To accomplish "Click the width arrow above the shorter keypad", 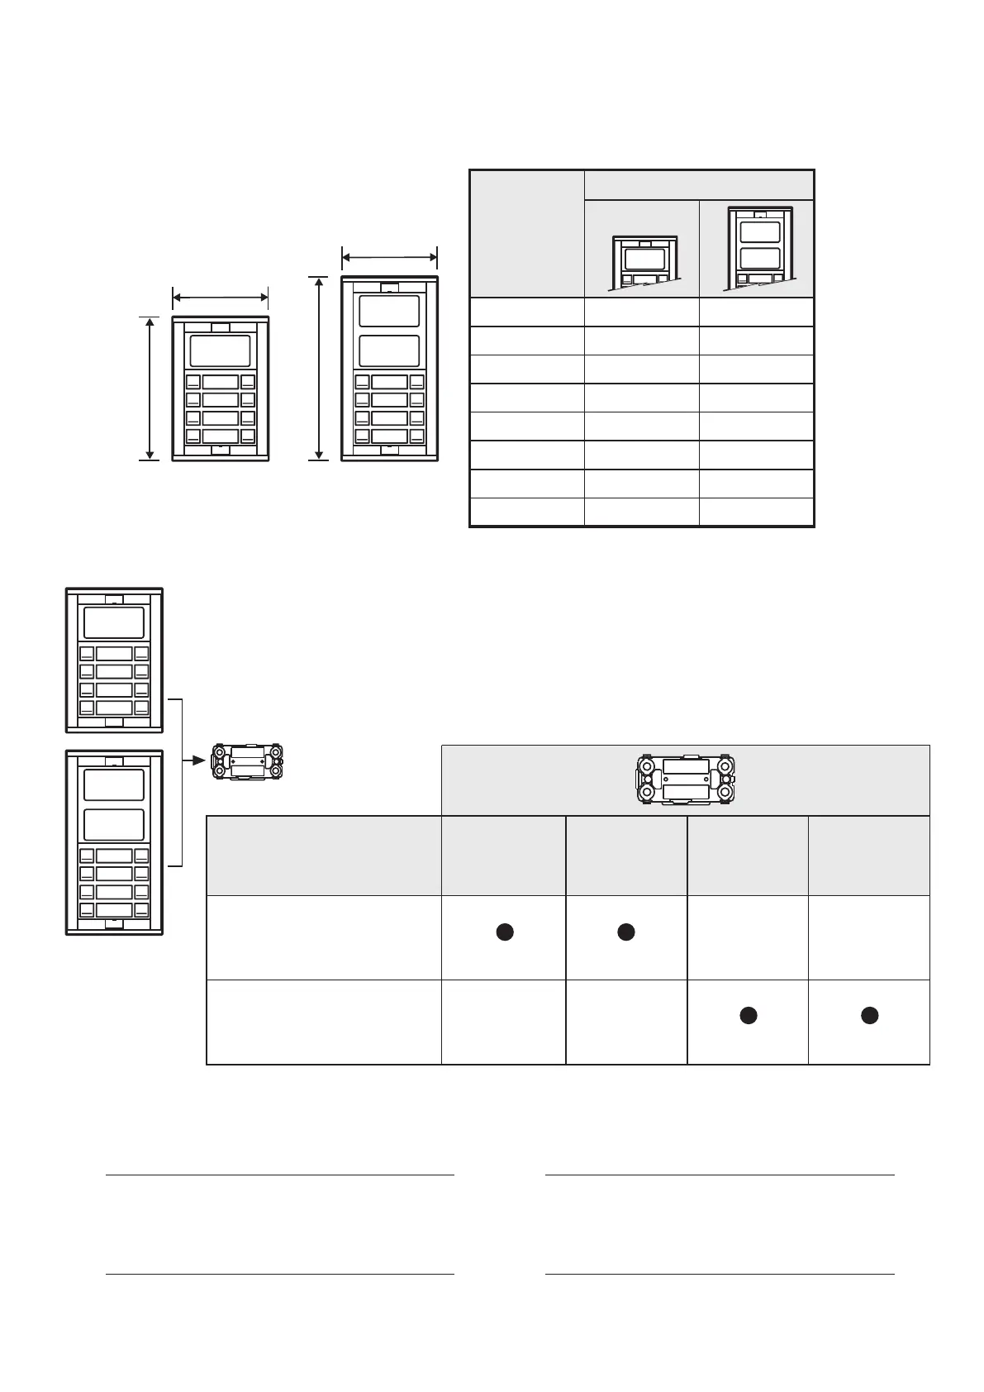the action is [220, 296].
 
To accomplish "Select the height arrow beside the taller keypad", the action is [318, 368].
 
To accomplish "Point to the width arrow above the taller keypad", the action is [389, 257].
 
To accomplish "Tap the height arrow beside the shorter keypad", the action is [150, 388].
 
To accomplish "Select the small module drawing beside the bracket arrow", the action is [248, 761].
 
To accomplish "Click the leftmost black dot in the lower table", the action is [504, 932].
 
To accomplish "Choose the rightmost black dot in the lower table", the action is [869, 1016].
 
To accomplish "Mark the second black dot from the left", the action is [625, 932].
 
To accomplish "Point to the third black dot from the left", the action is [748, 1016].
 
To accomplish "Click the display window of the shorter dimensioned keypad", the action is [220, 350].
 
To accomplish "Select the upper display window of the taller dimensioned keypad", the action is [389, 310].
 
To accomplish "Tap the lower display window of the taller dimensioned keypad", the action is [389, 350].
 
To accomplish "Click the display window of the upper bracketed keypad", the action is [114, 622].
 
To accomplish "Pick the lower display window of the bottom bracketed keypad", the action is [114, 825].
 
